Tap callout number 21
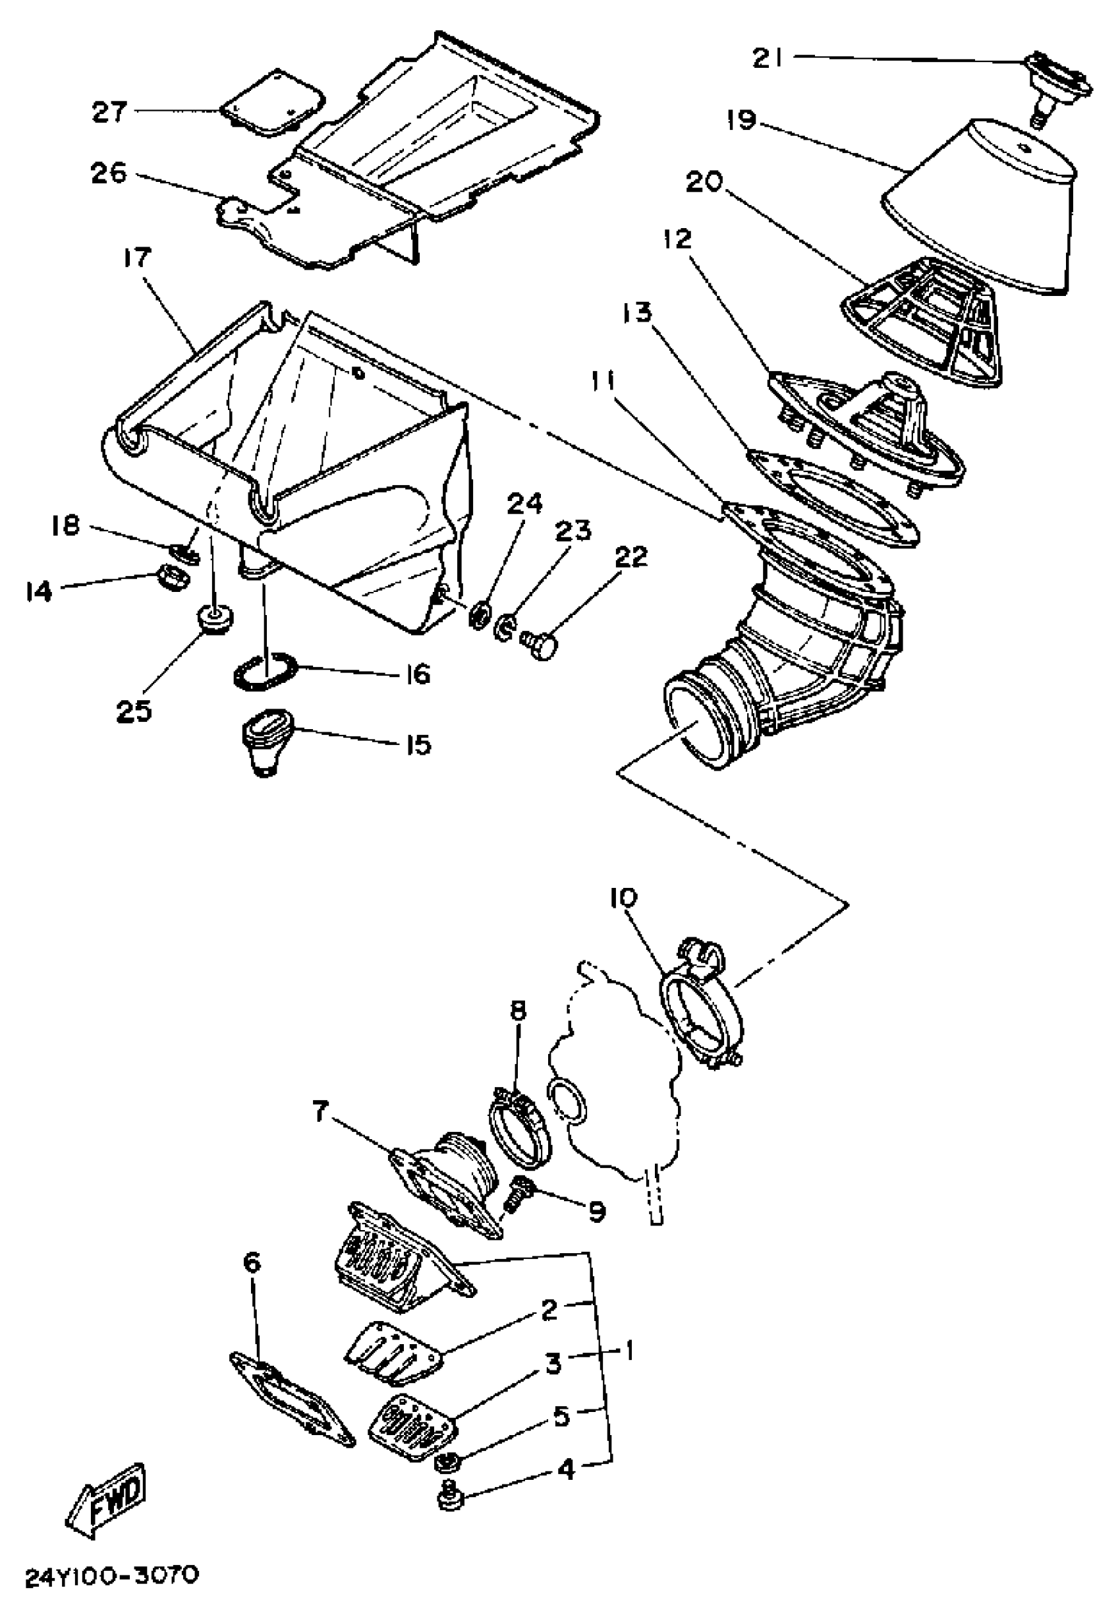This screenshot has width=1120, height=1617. (x=768, y=59)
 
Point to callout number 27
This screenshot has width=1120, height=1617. (x=109, y=111)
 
